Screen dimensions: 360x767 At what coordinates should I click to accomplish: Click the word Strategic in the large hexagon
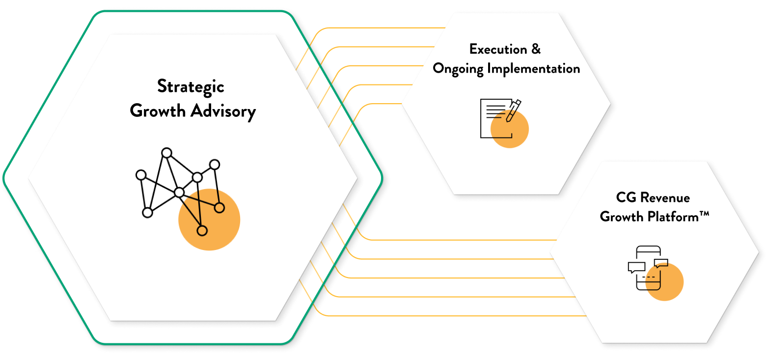pyautogui.click(x=191, y=87)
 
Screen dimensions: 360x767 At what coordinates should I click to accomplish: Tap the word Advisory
pyautogui.click(x=223, y=111)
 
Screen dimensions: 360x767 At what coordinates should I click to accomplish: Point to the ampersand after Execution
pyautogui.click(x=536, y=49)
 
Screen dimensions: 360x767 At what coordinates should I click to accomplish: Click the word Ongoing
pyautogui.click(x=458, y=68)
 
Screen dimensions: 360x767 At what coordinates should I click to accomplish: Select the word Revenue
pyautogui.click(x=664, y=197)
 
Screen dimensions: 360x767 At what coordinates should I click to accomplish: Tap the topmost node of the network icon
pyautogui.click(x=166, y=153)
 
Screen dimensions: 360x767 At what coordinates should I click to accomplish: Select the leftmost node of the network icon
pyautogui.click(x=141, y=175)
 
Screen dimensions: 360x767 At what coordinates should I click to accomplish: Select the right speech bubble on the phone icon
pyautogui.click(x=661, y=262)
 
